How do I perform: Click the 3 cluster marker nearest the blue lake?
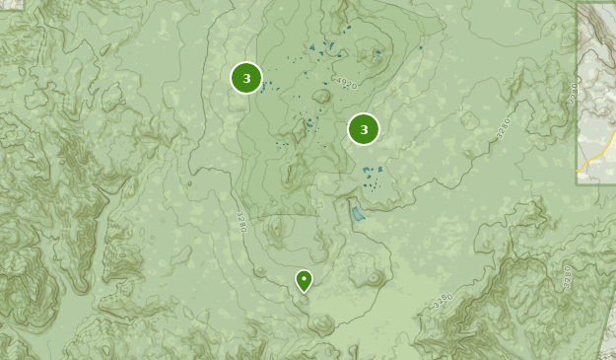pyautogui.click(x=364, y=129)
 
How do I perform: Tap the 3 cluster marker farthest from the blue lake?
pyautogui.click(x=246, y=78)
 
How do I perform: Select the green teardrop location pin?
pyautogui.click(x=304, y=281)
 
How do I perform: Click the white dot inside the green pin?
pyautogui.click(x=304, y=279)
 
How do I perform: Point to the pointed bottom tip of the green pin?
pyautogui.click(x=304, y=293)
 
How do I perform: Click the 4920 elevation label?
pyautogui.click(x=344, y=82)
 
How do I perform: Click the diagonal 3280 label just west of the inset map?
pyautogui.click(x=505, y=127)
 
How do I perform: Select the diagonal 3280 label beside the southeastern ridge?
pyautogui.click(x=443, y=300)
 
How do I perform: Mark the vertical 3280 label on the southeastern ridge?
pyautogui.click(x=567, y=275)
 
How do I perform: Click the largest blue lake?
pyautogui.click(x=358, y=213)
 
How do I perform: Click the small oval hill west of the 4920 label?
pyautogui.click(x=321, y=97)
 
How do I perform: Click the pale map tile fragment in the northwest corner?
pyautogui.click(x=11, y=4)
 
